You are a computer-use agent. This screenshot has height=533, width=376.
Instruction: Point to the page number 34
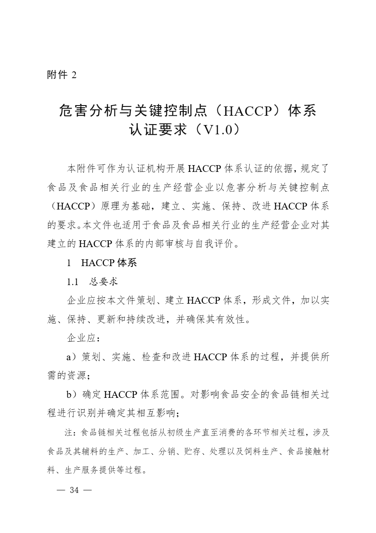coord(74,490)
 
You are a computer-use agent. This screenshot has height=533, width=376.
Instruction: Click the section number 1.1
coord(73,281)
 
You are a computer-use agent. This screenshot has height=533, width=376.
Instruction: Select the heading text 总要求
coord(103,281)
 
